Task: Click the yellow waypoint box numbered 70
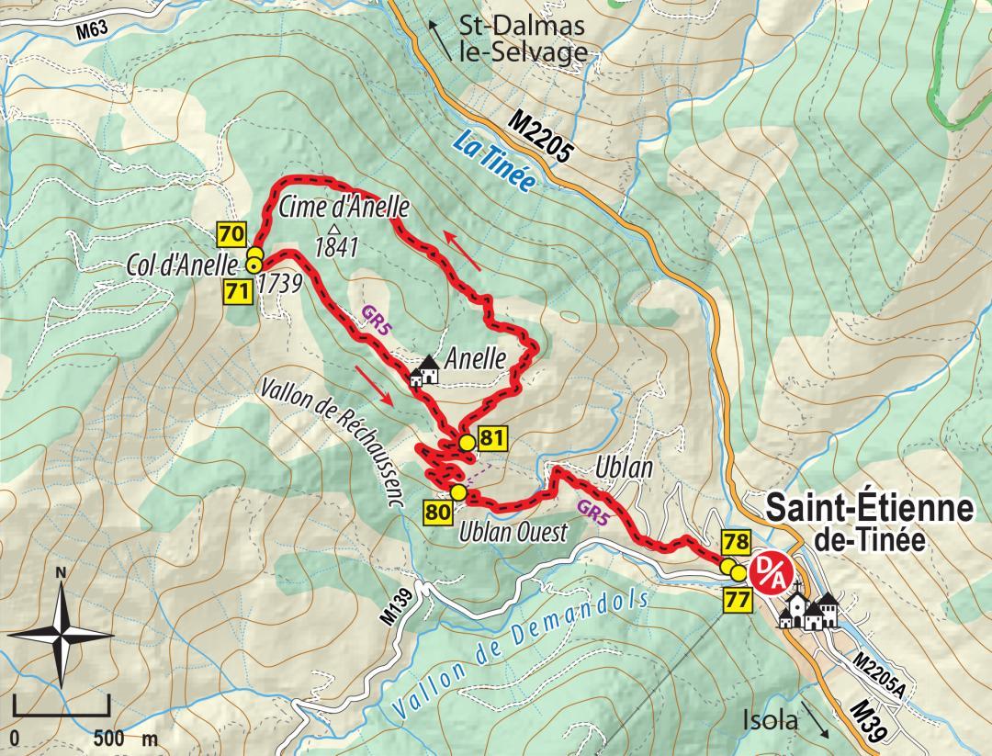231,234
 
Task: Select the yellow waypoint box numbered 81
492,439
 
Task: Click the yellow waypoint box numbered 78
737,540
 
